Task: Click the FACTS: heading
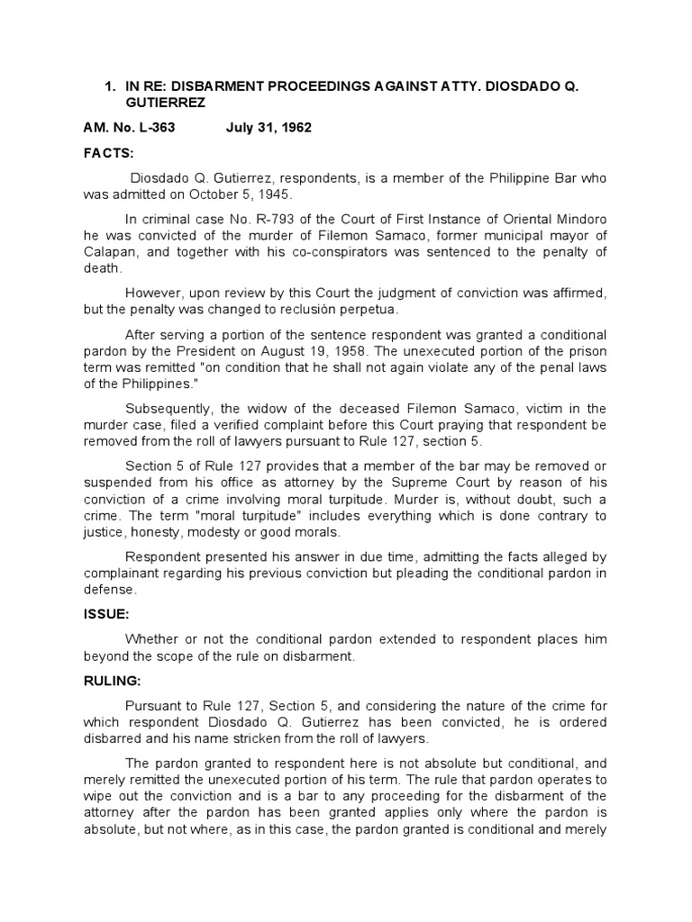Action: pyautogui.click(x=108, y=153)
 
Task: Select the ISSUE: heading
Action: pyautogui.click(x=107, y=615)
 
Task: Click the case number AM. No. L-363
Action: pyautogui.click(x=129, y=128)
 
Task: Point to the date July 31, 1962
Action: pyautogui.click(x=269, y=128)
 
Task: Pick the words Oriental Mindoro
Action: pyautogui.click(x=557, y=221)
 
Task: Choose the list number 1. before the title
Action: pyautogui.click(x=111, y=87)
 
